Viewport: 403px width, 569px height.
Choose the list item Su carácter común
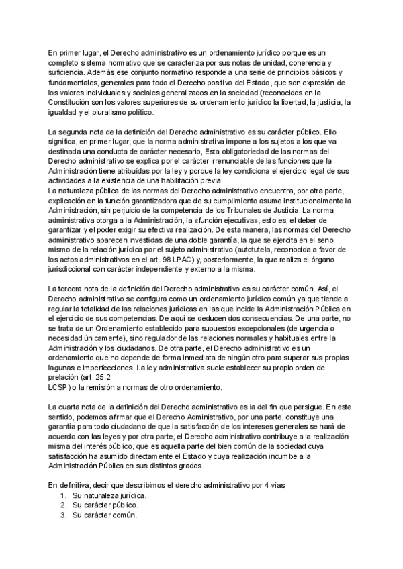point(105,515)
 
